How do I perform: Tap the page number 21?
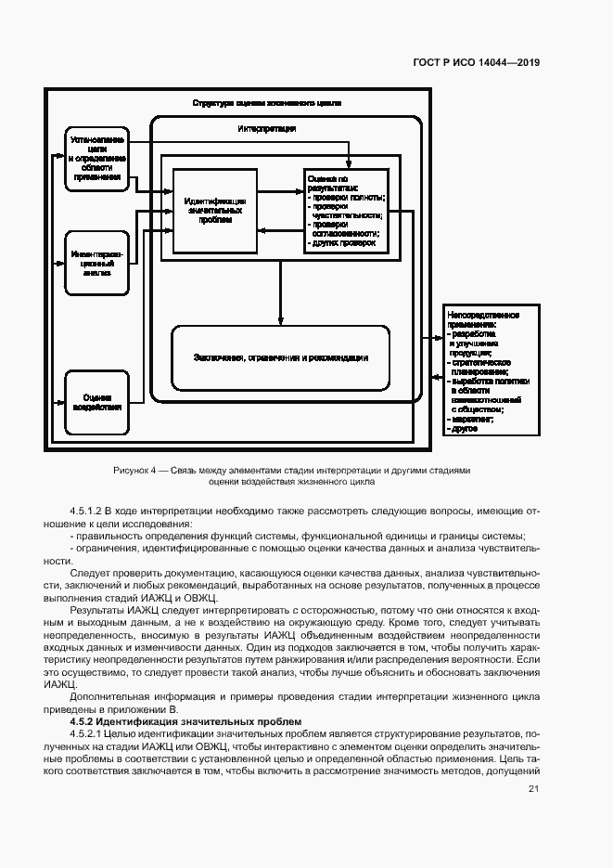click(x=533, y=789)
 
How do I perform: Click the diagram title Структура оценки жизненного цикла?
click(x=267, y=103)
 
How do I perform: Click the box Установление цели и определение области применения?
click(x=97, y=158)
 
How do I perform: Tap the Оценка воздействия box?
click(x=97, y=402)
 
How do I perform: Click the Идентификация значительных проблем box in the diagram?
click(x=215, y=211)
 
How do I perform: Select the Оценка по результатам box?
click(x=344, y=211)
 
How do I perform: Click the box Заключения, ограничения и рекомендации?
click(x=281, y=357)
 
